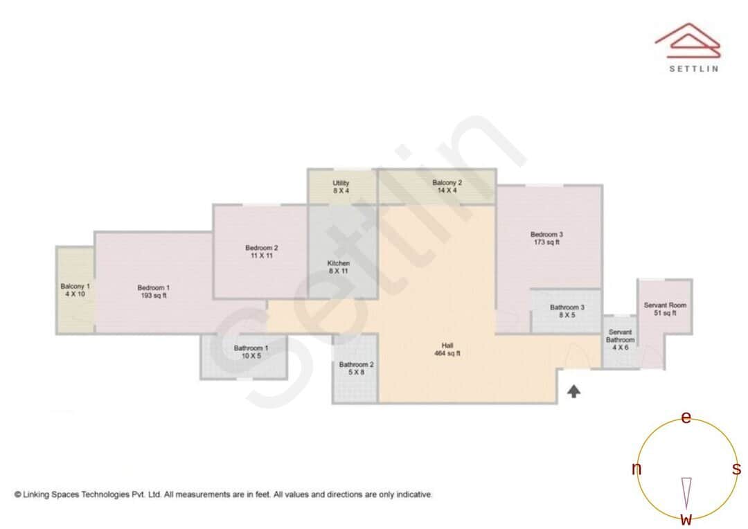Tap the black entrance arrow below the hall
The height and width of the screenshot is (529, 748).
pyautogui.click(x=573, y=392)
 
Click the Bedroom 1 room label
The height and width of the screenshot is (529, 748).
pyautogui.click(x=153, y=292)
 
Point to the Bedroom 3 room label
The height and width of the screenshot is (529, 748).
pyautogui.click(x=546, y=238)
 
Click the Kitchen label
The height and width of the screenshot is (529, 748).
pyautogui.click(x=339, y=267)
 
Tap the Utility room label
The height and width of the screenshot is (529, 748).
pyautogui.click(x=341, y=187)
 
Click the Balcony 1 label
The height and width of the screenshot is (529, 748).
pyautogui.click(x=75, y=290)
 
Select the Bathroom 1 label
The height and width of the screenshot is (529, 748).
pyautogui.click(x=247, y=352)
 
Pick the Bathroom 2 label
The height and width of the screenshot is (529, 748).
pyautogui.click(x=357, y=368)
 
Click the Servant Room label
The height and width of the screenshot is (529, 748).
pyautogui.click(x=665, y=309)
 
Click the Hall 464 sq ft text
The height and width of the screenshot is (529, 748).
pyautogui.click(x=451, y=350)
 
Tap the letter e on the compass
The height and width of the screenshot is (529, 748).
pyautogui.click(x=686, y=418)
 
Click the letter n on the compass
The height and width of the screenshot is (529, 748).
pyautogui.click(x=636, y=469)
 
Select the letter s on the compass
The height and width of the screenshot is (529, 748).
pyautogui.click(x=737, y=469)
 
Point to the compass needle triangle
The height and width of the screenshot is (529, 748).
pyautogui.click(x=686, y=492)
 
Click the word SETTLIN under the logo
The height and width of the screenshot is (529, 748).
pyautogui.click(x=693, y=69)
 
